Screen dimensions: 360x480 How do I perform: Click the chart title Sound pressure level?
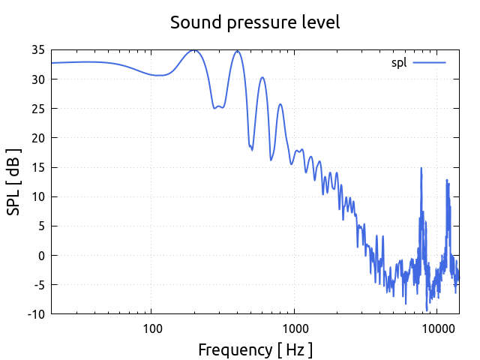(x=255, y=22)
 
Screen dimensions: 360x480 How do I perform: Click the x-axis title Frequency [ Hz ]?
(x=255, y=349)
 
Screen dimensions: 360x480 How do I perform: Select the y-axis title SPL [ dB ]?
(x=13, y=181)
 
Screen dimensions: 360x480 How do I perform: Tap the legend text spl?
(x=399, y=62)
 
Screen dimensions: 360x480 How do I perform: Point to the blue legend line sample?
(x=429, y=62)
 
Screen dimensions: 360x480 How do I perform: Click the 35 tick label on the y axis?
(x=37, y=50)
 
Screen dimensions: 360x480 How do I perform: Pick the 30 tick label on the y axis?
(x=37, y=79)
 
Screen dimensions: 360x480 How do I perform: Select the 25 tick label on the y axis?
(x=37, y=109)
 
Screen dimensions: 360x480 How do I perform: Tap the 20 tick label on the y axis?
(x=37, y=138)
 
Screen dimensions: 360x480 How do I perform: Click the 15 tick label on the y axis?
(x=37, y=167)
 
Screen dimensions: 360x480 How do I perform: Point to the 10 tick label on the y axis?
(x=37, y=196)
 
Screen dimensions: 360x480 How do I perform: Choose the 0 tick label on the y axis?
(x=41, y=255)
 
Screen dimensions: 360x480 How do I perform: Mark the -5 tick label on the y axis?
(x=37, y=285)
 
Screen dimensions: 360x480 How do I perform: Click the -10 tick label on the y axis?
(x=35, y=314)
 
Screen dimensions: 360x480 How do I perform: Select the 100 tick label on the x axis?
(x=151, y=328)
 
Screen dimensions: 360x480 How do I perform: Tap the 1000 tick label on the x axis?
(x=295, y=328)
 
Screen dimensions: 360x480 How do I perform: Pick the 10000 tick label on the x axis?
(x=438, y=328)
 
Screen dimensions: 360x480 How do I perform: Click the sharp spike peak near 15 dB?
(x=421, y=168)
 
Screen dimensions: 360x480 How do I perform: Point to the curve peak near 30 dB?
(x=262, y=77)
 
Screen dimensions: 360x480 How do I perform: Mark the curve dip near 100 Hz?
(x=159, y=75)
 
